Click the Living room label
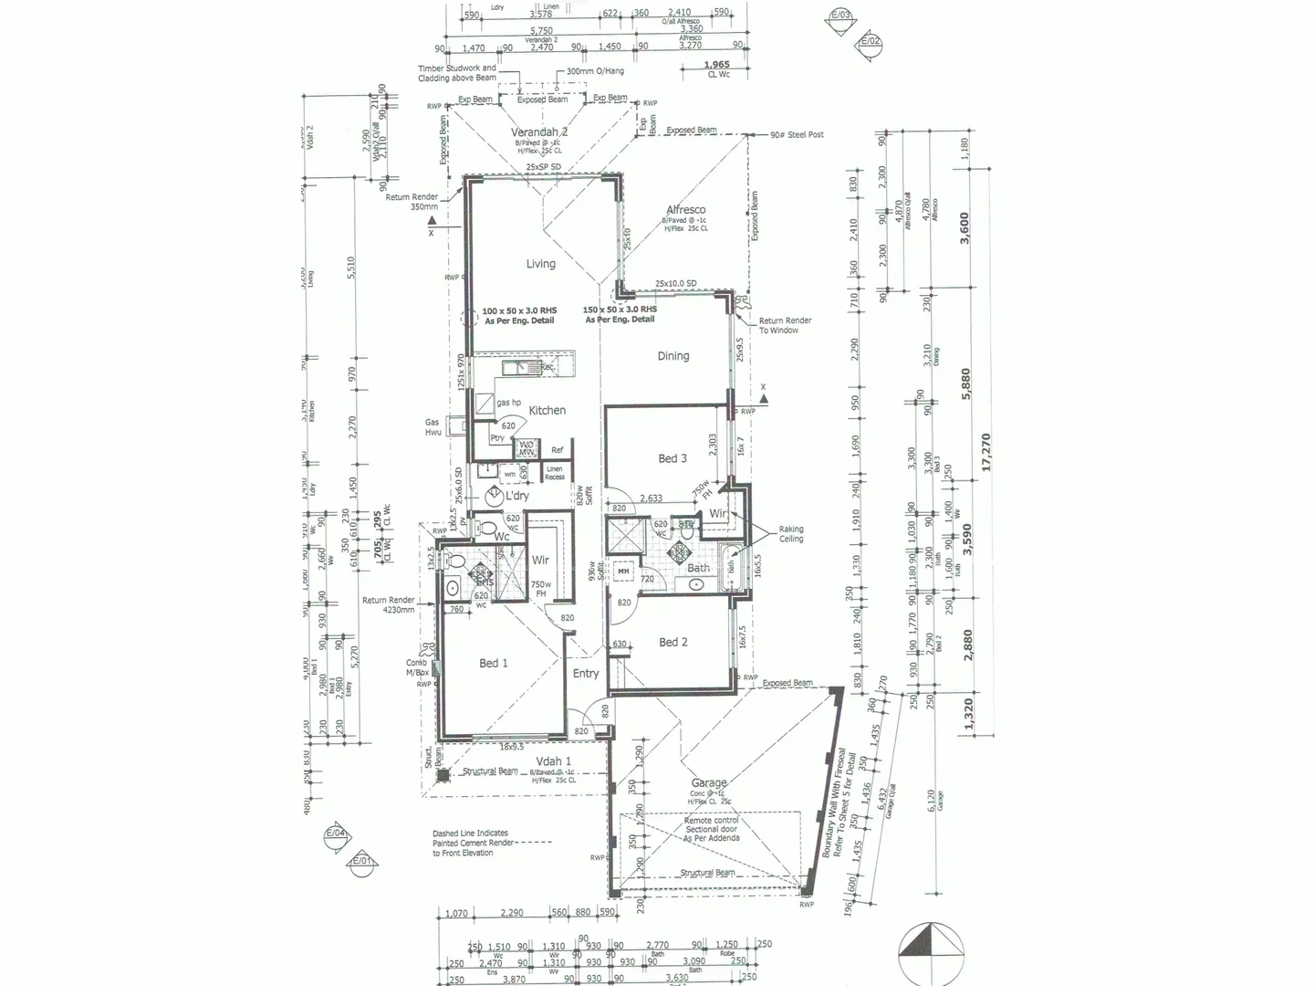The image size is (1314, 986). pos(540,264)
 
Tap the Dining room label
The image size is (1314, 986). pos(673,356)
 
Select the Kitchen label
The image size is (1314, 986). pos(547,411)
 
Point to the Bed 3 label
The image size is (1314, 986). pos(673,458)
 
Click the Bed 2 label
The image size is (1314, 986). pos(673,643)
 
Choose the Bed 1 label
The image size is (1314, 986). pos(494,664)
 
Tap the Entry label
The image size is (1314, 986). pos(586,674)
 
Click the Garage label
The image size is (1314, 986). pos(709,783)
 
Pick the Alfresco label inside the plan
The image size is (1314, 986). pos(685,210)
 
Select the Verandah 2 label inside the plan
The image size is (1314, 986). pos(539,132)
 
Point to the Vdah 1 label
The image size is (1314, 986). pos(554,761)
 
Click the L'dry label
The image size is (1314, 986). pos(516,496)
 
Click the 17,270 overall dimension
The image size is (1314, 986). pos(986,452)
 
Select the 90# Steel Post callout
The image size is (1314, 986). pos(797,135)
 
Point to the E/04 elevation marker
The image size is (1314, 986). pos(336,834)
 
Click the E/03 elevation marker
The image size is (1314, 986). pos(840,16)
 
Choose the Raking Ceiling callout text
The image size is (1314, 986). pos(791,534)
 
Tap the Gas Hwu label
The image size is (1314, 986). pos(433,427)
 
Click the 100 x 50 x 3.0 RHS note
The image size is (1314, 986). pos(519,316)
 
